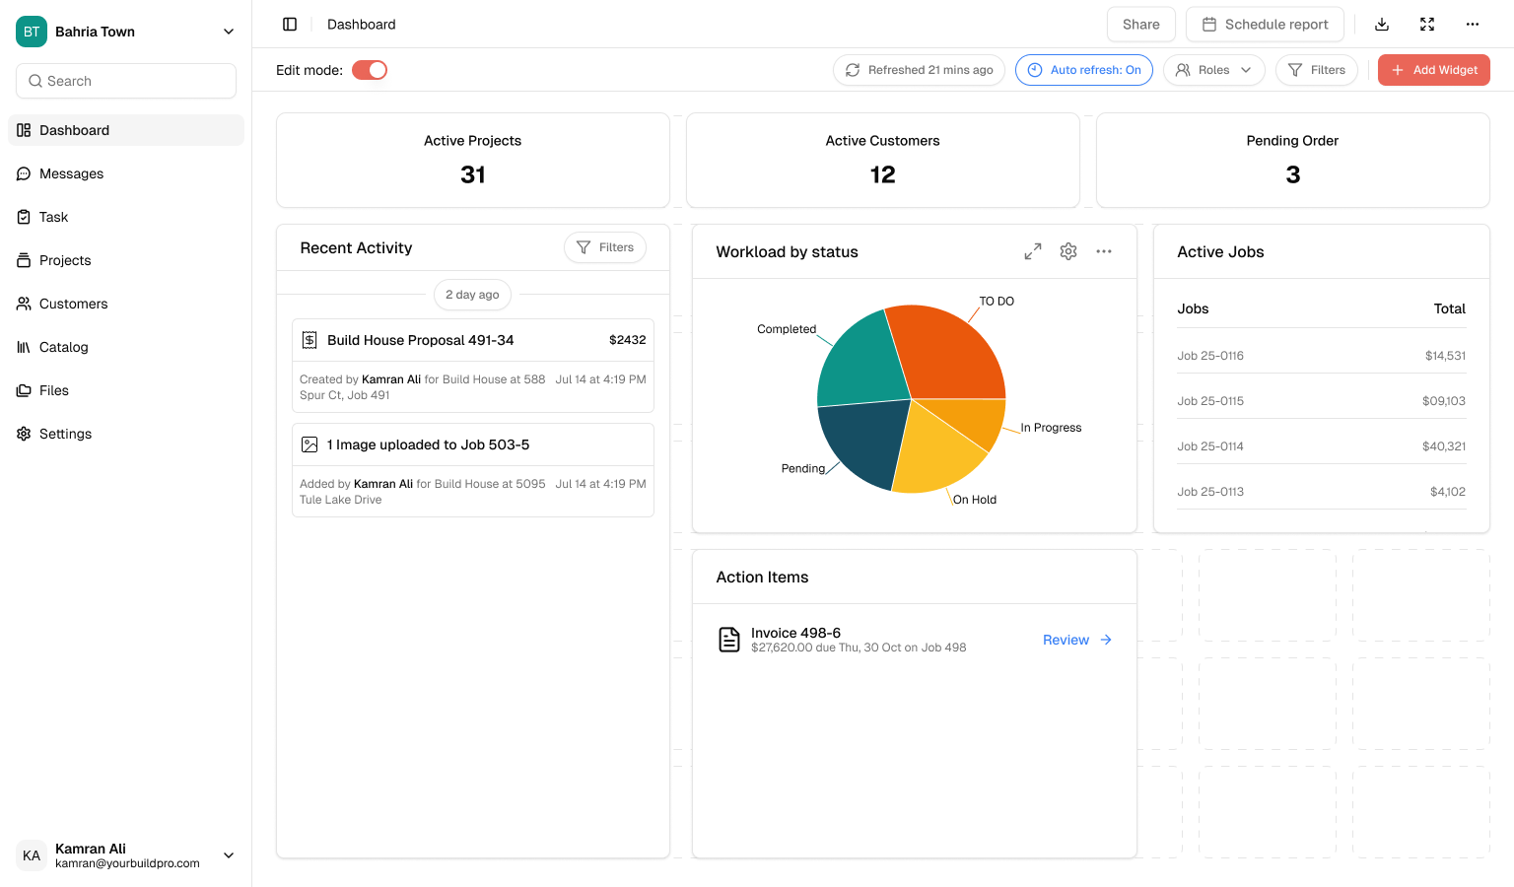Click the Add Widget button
1433,70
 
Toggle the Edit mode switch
370,70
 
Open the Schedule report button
1265,25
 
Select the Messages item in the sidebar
71,173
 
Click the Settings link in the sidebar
65,434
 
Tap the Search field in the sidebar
126,81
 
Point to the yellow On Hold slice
936,448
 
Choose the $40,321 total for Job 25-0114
1443,446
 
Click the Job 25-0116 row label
1210,356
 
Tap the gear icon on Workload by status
1068,251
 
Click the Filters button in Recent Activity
605,247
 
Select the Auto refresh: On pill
1083,70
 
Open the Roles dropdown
1213,70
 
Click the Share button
1140,25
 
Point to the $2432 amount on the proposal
627,340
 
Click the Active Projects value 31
473,175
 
